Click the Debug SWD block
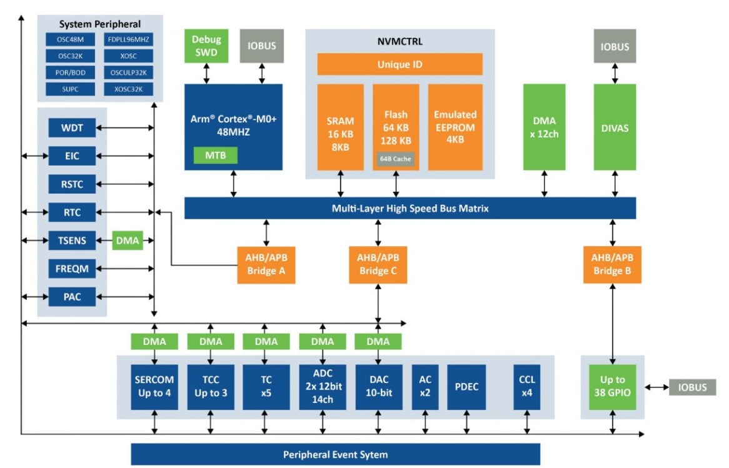206,46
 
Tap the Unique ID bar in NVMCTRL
400,64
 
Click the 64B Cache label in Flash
395,159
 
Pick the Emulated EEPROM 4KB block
455,127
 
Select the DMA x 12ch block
544,127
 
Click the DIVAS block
614,127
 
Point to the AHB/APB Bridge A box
266,265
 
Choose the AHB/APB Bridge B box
612,265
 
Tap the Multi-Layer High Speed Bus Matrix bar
410,208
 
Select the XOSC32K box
129,89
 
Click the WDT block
72,128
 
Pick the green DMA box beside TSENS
128,241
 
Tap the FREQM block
72,269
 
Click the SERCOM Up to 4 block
154,387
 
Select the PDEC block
466,387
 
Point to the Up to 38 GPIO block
612,387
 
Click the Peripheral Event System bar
335,454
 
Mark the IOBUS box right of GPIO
691,387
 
